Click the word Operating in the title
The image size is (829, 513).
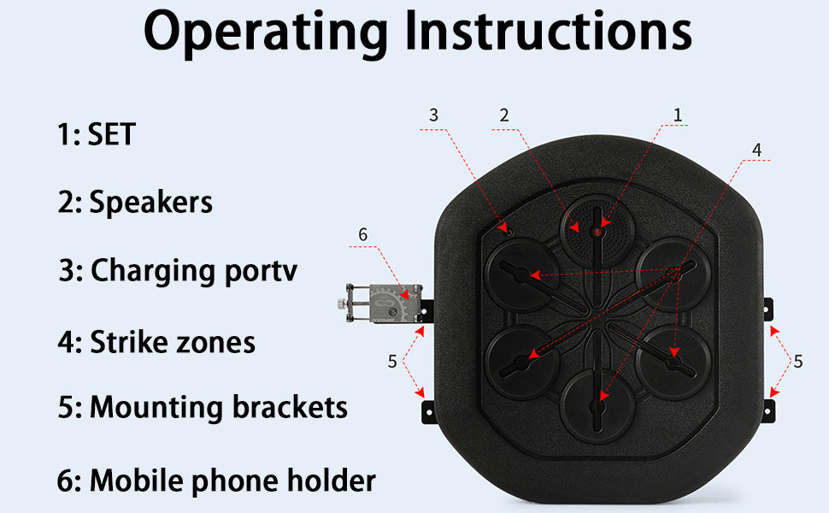click(x=266, y=32)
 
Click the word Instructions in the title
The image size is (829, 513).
click(x=548, y=32)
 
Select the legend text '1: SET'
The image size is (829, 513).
click(x=97, y=134)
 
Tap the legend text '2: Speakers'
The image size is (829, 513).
click(x=135, y=202)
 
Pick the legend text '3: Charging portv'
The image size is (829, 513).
click(x=179, y=270)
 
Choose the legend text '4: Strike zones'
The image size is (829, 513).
click(x=156, y=342)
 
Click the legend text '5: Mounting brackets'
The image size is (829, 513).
click(x=203, y=407)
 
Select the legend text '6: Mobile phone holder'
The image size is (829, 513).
click(x=216, y=481)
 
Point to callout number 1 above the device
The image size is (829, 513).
click(x=678, y=114)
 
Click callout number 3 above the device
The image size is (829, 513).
click(x=433, y=115)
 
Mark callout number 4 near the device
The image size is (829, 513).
click(x=756, y=149)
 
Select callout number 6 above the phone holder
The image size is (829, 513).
click(x=362, y=233)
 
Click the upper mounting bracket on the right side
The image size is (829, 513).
click(x=769, y=306)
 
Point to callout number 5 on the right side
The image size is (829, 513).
click(x=797, y=361)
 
